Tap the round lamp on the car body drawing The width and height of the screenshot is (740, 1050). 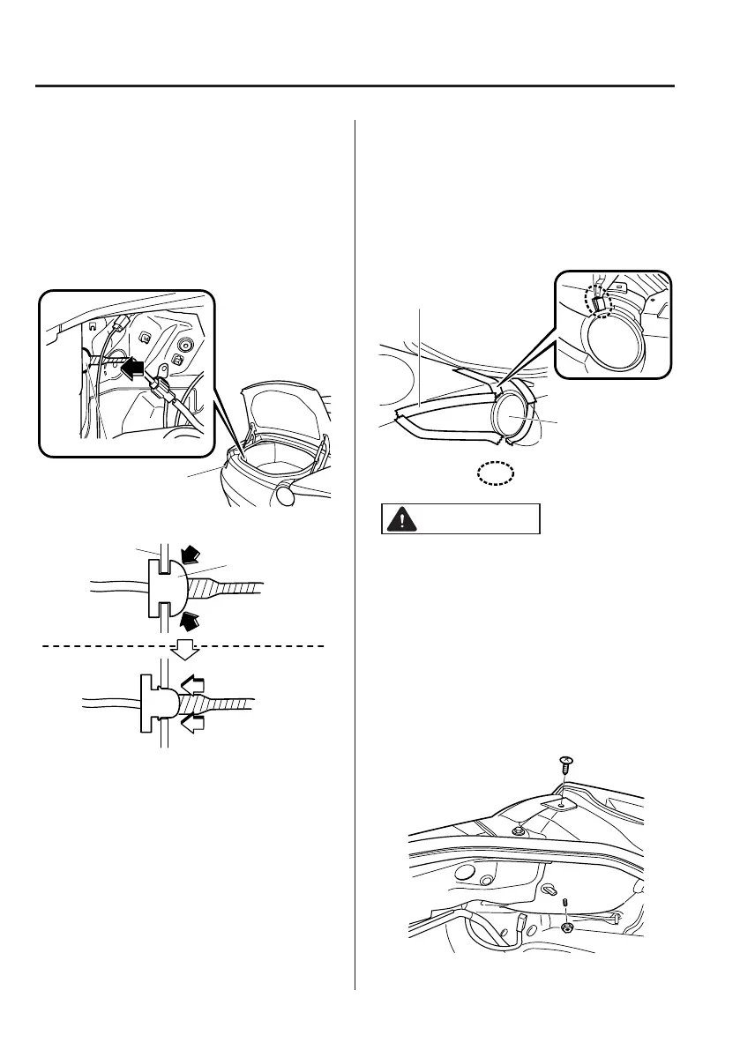[511, 415]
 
